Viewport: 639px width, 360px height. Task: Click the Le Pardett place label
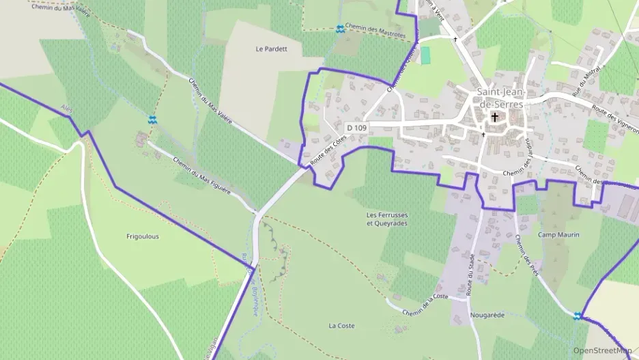pos(271,49)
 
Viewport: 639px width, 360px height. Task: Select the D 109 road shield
pos(356,128)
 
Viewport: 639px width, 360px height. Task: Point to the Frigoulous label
pos(143,236)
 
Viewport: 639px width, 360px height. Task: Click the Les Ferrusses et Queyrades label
pos(387,219)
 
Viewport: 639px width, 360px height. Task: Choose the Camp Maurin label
pos(558,235)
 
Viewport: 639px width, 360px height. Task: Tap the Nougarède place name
pos(487,315)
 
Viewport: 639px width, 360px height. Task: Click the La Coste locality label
pos(341,326)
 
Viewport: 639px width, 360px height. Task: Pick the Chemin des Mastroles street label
pos(375,30)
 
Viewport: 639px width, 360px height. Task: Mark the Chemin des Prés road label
pos(527,255)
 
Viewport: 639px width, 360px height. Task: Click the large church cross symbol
pos(494,117)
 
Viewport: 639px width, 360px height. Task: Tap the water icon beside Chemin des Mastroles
pos(340,29)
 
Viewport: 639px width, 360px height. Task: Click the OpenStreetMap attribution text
pos(602,350)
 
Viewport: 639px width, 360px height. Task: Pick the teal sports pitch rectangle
pos(426,55)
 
